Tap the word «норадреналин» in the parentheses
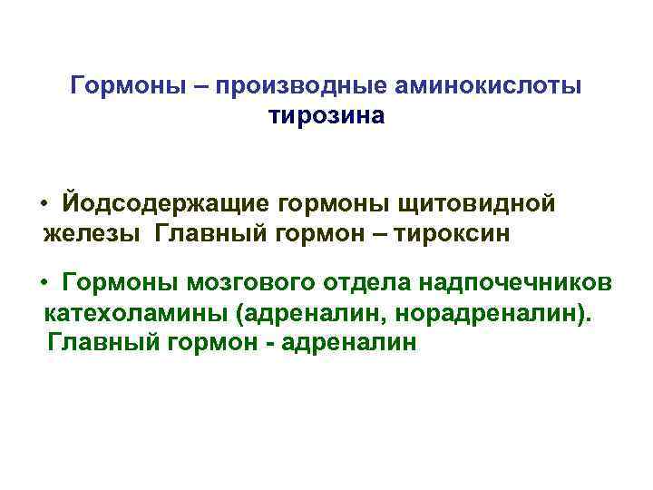point(503,314)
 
